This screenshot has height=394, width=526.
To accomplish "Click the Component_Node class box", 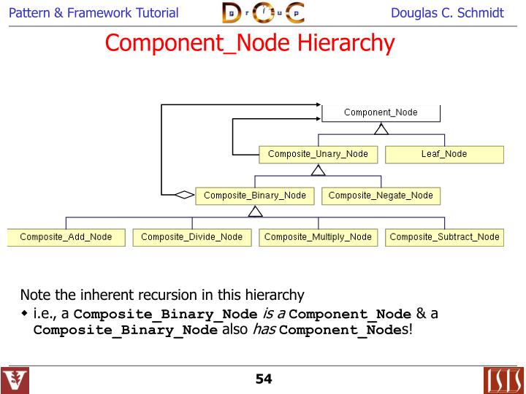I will point(381,112).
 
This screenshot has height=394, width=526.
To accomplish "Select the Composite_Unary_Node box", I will point(318,154).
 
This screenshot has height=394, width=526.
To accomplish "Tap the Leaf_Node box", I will point(444,154).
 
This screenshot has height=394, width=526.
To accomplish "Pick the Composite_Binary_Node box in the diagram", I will point(254,196).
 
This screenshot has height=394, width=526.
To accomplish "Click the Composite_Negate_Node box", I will point(381,196).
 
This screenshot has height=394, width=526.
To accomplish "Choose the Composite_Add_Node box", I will point(66,237).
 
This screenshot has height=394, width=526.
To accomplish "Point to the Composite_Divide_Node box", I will point(191,237).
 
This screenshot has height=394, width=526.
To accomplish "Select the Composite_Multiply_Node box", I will point(318,237).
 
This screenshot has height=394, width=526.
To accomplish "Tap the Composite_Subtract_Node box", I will point(444,237).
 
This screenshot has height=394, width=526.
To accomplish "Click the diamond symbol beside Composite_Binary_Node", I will point(185,195).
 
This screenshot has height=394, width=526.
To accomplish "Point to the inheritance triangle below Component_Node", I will point(381,129).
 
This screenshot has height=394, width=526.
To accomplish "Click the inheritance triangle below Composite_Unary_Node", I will point(318,171).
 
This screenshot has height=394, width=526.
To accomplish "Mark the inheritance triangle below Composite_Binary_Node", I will point(254,212).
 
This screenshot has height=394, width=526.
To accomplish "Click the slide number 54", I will point(263,379).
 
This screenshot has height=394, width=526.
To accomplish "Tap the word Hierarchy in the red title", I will point(346,42).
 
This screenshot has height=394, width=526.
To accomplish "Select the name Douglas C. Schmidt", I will point(447,13).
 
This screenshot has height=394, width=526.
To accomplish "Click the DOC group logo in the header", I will point(263,12).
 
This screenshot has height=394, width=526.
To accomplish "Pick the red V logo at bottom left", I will point(15,380).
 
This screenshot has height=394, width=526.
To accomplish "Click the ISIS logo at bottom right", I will point(503,380).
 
